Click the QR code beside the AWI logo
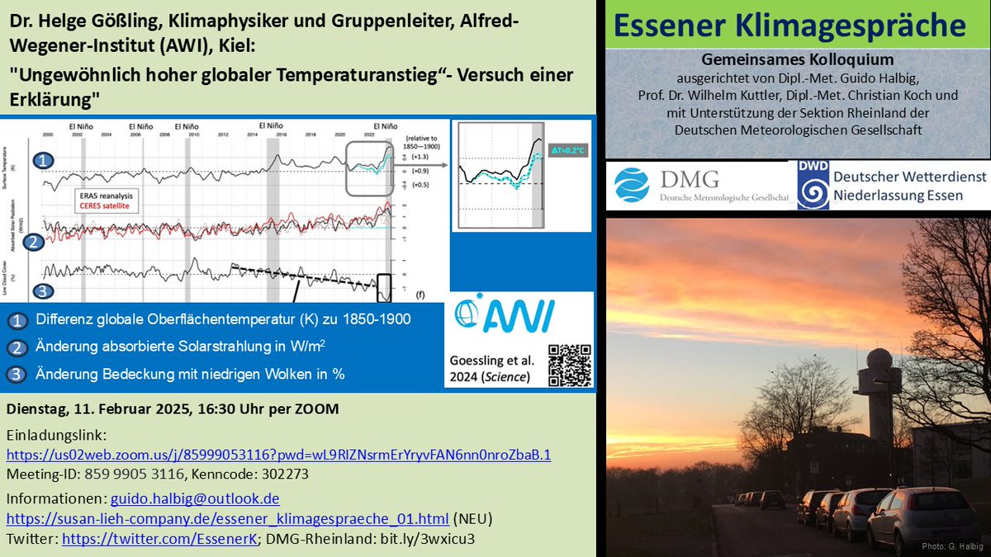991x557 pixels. [x=571, y=364]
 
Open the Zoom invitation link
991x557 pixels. [x=278, y=455]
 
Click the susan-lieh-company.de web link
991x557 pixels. [x=228, y=518]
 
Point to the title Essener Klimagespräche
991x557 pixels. [x=791, y=26]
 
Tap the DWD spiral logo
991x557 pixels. [x=813, y=186]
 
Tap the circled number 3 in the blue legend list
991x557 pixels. [x=17, y=374]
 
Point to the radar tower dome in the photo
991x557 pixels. [x=877, y=360]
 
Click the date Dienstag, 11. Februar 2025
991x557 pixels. [x=98, y=410]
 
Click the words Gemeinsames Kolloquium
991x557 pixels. [x=797, y=59]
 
